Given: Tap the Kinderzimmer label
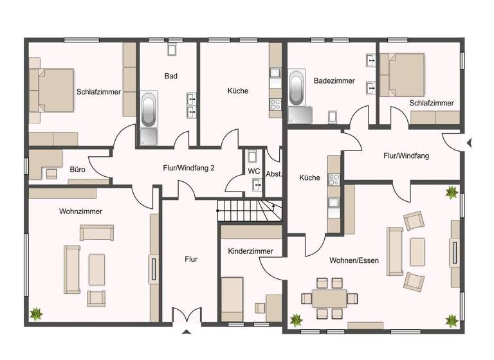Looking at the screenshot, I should (250, 251).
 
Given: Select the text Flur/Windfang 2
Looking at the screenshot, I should (188, 168).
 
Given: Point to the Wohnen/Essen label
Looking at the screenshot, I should (354, 260).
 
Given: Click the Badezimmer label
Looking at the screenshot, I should (334, 81).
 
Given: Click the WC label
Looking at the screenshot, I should (253, 172).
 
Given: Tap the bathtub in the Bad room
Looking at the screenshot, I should (149, 110).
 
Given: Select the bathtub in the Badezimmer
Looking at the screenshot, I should (297, 89).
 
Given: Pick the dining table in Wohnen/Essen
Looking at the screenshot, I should (329, 298).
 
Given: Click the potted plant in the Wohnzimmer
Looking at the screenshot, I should (37, 314).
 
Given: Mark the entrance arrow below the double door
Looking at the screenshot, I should (187, 332).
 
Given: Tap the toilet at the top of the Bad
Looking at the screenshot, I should (172, 50).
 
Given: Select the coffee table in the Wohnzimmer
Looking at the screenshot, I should (96, 269).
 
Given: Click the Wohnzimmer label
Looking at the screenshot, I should (80, 211).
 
